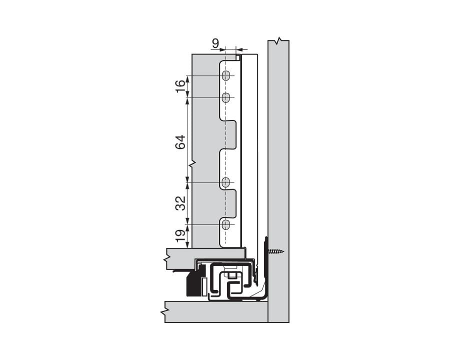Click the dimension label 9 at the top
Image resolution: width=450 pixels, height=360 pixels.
tap(215, 43)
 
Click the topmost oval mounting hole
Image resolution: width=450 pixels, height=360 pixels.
tap(226, 76)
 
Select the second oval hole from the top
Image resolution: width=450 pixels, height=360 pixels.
tap(226, 97)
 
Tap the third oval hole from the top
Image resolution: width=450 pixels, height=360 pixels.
tap(226, 182)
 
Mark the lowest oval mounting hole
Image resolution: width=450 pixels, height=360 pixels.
tap(226, 225)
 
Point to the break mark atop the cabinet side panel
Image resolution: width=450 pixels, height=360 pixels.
tap(279, 40)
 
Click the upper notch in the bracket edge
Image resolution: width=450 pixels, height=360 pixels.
tap(228, 134)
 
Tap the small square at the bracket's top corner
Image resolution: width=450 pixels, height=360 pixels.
tap(238, 58)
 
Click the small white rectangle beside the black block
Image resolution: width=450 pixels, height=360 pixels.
tap(204, 286)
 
